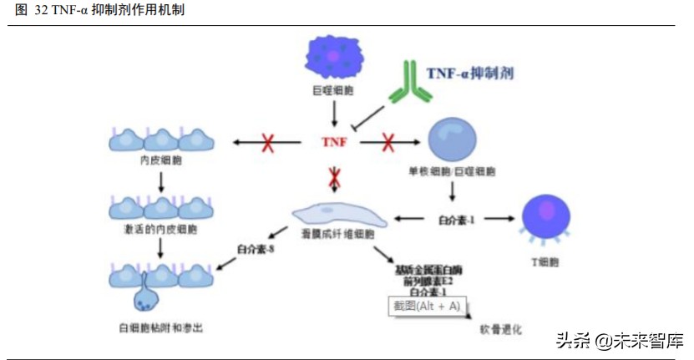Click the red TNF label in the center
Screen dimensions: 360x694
pyautogui.click(x=334, y=143)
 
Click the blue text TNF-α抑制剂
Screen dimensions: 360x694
pyautogui.click(x=469, y=73)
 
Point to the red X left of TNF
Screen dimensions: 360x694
pyautogui.click(x=269, y=143)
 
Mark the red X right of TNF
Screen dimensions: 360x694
pyautogui.click(x=388, y=143)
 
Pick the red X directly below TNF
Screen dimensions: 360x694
pyautogui.click(x=334, y=177)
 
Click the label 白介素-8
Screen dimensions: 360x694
pyautogui.click(x=256, y=248)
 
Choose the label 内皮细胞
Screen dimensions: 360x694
pyautogui.click(x=159, y=162)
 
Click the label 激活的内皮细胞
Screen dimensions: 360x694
pyautogui.click(x=159, y=228)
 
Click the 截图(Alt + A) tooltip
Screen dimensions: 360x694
pyautogui.click(x=426, y=306)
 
